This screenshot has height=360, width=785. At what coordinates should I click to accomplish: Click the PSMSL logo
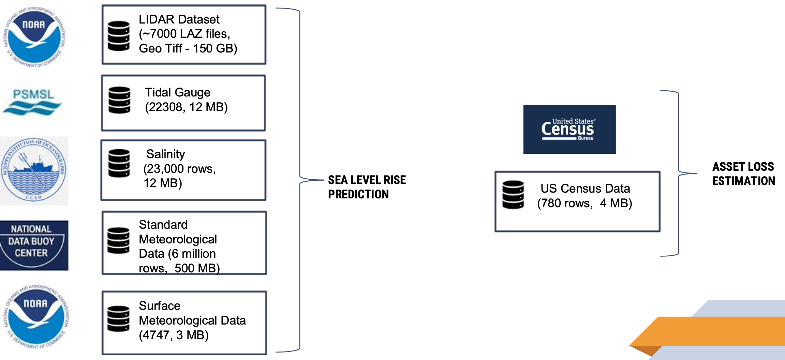click(x=33, y=102)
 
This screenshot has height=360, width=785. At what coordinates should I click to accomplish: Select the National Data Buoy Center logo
click(x=34, y=245)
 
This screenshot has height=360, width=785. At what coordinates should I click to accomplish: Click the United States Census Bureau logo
click(x=569, y=129)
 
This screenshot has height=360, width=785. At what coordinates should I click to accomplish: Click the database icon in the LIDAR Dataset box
click(x=119, y=36)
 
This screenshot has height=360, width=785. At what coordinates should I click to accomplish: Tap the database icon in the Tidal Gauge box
click(x=119, y=100)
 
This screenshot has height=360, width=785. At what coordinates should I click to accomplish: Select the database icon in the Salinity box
click(x=119, y=163)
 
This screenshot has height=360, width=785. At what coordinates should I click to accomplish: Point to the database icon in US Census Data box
click(x=513, y=194)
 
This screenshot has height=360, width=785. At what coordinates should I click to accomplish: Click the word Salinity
click(x=165, y=154)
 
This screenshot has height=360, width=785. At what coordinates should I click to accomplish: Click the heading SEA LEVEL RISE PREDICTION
click(x=366, y=187)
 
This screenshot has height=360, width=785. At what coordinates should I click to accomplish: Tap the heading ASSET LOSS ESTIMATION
click(x=743, y=174)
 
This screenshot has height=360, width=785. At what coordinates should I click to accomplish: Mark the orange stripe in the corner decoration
click(x=716, y=331)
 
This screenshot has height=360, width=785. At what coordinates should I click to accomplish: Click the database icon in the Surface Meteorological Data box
click(x=118, y=319)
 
